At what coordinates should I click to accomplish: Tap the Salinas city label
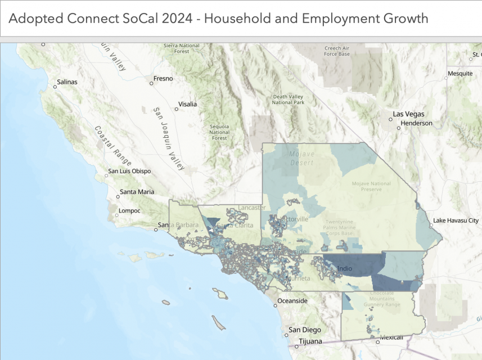pyautogui.click(x=67, y=82)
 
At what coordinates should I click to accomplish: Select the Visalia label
pyautogui.click(x=187, y=104)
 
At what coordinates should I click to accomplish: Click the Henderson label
pyautogui.click(x=417, y=123)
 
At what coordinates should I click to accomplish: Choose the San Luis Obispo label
pyautogui.click(x=132, y=171)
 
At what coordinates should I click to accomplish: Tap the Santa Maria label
pyautogui.click(x=137, y=192)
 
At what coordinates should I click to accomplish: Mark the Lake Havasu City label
pyautogui.click(x=457, y=221)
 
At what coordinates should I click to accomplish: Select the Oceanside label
pyautogui.click(x=293, y=301)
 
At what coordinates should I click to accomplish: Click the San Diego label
pyautogui.click(x=304, y=330)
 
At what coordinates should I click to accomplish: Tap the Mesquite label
pyautogui.click(x=460, y=74)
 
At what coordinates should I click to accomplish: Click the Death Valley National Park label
pyautogui.click(x=288, y=100)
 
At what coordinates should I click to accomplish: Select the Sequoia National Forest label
pyautogui.click(x=219, y=132)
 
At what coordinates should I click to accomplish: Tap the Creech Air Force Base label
pyautogui.click(x=337, y=51)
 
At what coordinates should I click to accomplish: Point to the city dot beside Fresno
pyautogui.click(x=151, y=83)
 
